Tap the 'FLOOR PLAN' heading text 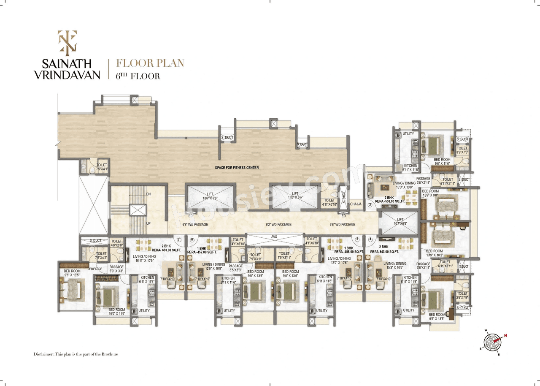coord(150,63)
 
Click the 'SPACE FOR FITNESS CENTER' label coord(236,168)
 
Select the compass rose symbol coord(494,342)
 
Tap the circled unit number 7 coord(179,239)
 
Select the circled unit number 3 coord(370,205)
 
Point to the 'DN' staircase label coord(148,194)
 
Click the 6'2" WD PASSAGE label coord(278,225)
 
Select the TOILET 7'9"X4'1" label coord(102,167)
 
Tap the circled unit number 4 coord(370,239)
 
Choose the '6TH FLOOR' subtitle coord(138,76)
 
